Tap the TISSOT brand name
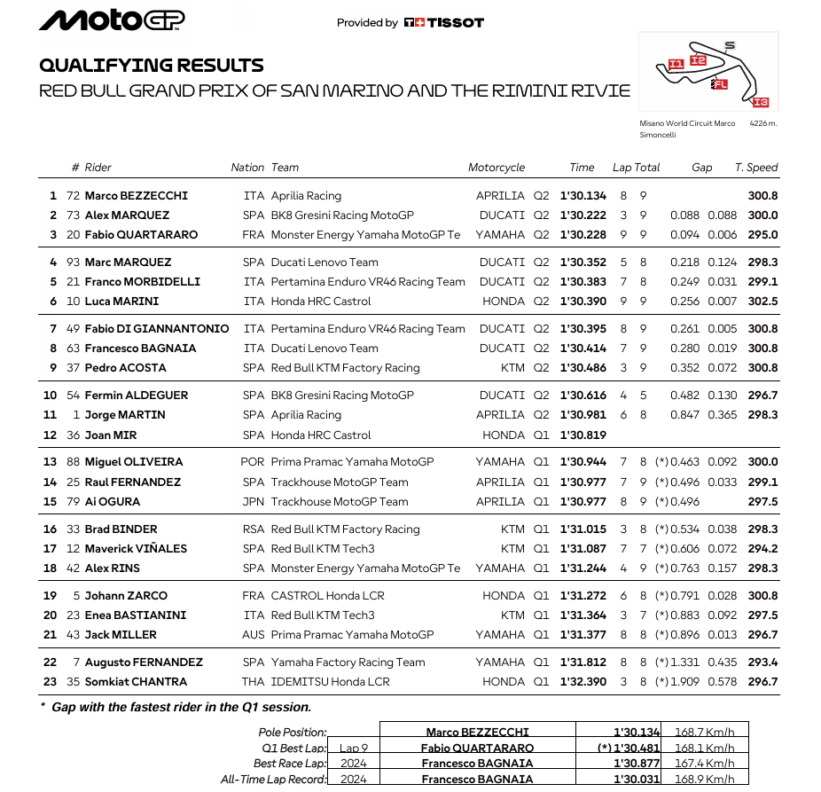[451, 23]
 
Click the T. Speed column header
[755, 167]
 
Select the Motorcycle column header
[497, 167]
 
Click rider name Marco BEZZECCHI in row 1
[136, 196]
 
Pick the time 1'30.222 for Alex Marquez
[583, 216]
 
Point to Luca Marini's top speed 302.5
[762, 302]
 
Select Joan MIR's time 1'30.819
[583, 435]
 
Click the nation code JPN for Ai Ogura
[253, 502]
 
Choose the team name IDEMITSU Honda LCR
[330, 682]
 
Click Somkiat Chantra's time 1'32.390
[583, 682]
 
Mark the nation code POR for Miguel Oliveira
[252, 462]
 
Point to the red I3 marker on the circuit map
[760, 102]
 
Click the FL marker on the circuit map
[719, 84]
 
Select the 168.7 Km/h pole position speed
[704, 733]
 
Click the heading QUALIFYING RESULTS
[152, 66]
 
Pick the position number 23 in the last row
[50, 682]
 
